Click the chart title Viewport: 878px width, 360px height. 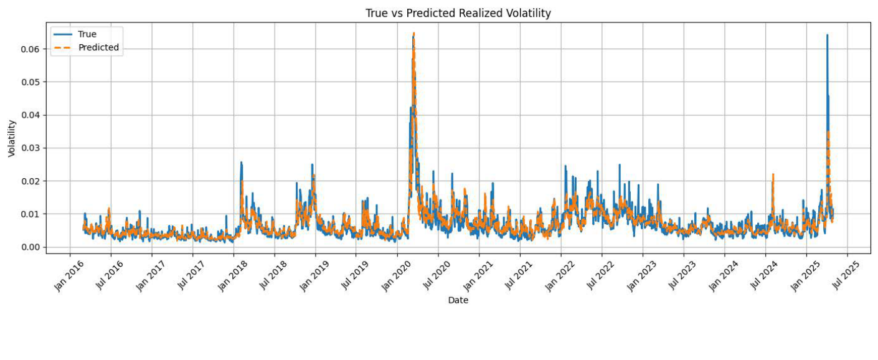click(458, 13)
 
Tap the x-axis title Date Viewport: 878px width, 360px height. click(458, 300)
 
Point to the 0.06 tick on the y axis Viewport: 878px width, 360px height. click(32, 49)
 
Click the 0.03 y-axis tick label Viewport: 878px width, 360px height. click(32, 148)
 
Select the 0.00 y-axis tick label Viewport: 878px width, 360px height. click(32, 247)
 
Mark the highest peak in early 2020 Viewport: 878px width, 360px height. click(413, 33)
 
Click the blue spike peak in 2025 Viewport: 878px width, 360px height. click(827, 35)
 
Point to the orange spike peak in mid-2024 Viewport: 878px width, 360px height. click(773, 174)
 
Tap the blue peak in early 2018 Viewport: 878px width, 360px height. click(241, 162)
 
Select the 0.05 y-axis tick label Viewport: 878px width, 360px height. click(32, 82)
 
